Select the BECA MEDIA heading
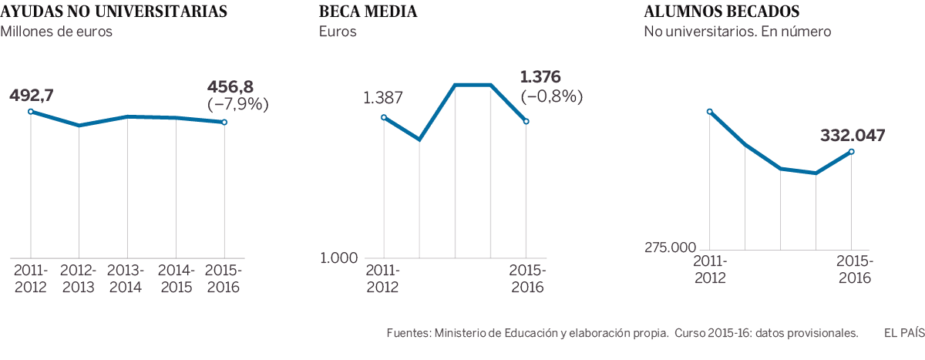[368, 12]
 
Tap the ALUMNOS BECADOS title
[721, 12]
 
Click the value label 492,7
[32, 96]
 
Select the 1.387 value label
[383, 98]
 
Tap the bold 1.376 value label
[541, 77]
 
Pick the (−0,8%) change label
[552, 96]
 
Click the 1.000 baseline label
[339, 257]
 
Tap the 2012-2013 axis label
[79, 279]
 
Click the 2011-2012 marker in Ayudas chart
[31, 112]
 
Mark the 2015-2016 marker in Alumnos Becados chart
[852, 152]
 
